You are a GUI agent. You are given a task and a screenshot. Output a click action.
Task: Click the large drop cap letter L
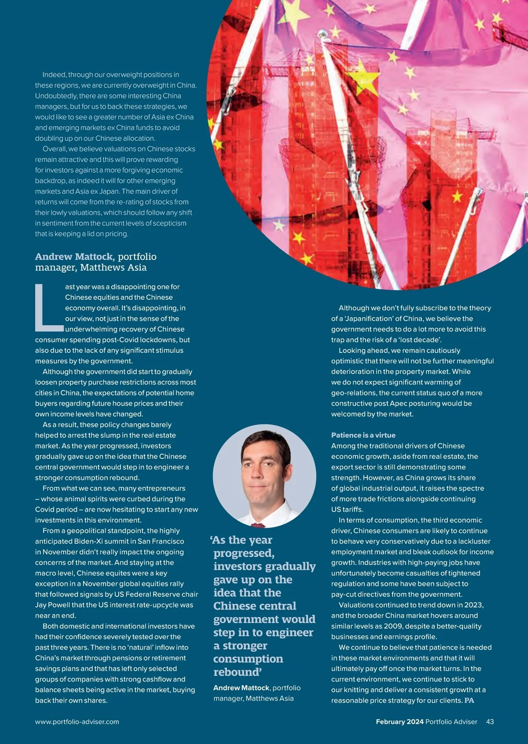click(48, 308)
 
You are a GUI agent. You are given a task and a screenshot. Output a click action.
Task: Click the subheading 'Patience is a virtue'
click(363, 435)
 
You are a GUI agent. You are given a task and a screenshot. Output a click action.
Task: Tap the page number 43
click(490, 722)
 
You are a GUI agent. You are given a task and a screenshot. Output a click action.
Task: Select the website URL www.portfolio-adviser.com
click(77, 722)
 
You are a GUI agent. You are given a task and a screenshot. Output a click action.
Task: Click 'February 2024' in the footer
click(400, 722)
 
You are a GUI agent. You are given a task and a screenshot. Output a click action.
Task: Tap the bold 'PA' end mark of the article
click(469, 700)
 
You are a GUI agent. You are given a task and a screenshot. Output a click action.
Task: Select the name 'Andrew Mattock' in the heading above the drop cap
click(74, 257)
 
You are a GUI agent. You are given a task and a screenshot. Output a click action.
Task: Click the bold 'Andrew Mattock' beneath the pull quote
click(241, 688)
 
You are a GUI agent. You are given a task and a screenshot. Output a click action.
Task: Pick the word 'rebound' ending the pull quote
click(237, 672)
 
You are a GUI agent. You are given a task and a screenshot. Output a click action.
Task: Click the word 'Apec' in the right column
click(399, 403)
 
